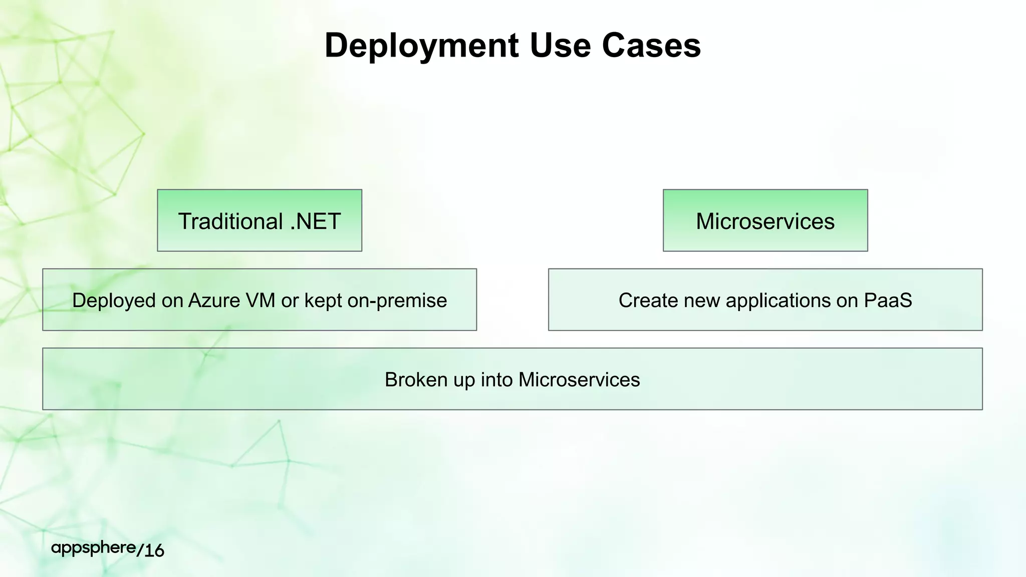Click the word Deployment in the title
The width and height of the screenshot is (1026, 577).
point(421,46)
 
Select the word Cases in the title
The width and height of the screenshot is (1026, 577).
point(651,46)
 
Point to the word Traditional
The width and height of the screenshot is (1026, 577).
point(230,221)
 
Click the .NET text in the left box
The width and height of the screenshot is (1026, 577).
point(316,221)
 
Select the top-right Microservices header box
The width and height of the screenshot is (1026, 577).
point(765,221)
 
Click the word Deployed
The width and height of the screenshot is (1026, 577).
point(114,301)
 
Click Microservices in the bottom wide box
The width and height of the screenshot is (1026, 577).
point(579,380)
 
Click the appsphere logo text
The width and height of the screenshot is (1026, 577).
point(93,548)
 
